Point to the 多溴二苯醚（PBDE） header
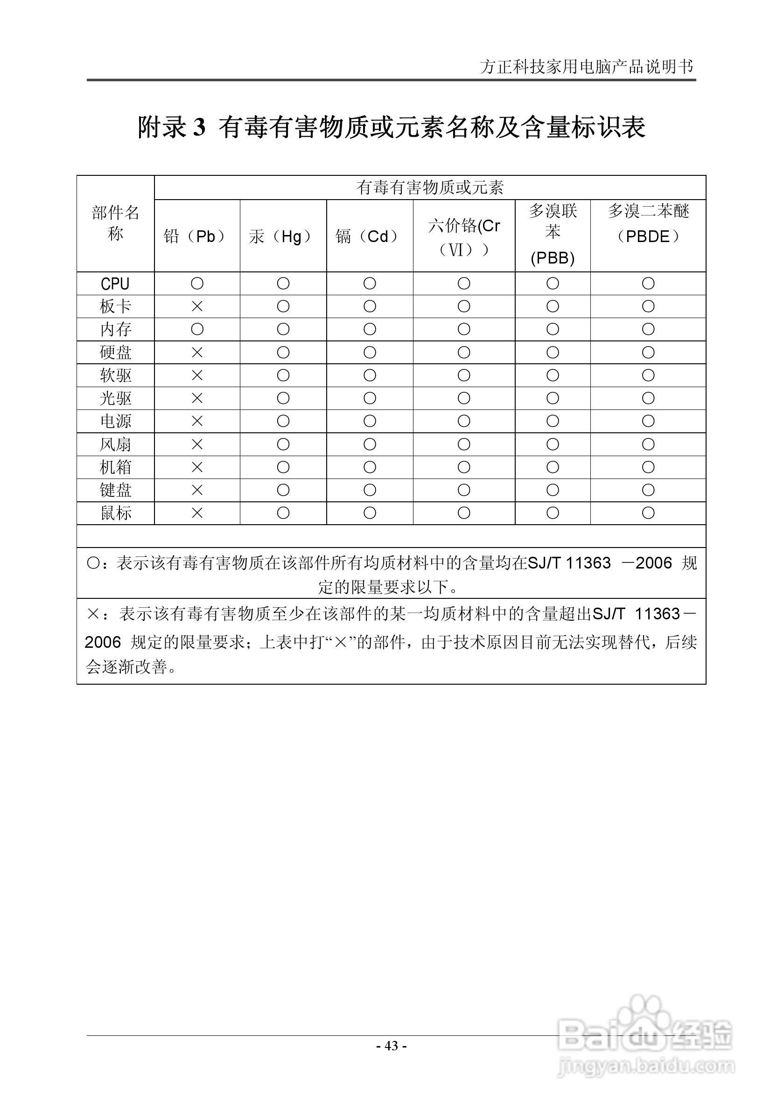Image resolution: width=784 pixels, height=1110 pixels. tap(648, 224)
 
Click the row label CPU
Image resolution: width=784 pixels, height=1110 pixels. tap(115, 284)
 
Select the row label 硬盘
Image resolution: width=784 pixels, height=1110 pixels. tap(115, 353)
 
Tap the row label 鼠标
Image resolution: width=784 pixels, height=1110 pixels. tap(115, 513)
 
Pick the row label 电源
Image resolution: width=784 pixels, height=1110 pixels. tap(115, 421)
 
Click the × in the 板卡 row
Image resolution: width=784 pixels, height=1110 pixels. tap(197, 306)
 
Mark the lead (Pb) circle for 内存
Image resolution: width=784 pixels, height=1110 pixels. tap(197, 329)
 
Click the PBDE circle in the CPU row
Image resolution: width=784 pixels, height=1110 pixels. tap(648, 283)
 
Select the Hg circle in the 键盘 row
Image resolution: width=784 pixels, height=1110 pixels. tap(283, 490)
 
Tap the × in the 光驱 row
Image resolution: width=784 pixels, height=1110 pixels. tap(197, 398)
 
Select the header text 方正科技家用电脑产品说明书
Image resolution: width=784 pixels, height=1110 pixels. tap(587, 67)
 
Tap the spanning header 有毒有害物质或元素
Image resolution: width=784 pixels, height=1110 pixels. tap(430, 187)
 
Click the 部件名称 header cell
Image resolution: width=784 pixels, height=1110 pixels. tap(115, 223)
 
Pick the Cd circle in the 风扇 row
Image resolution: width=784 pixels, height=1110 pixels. tap(370, 444)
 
